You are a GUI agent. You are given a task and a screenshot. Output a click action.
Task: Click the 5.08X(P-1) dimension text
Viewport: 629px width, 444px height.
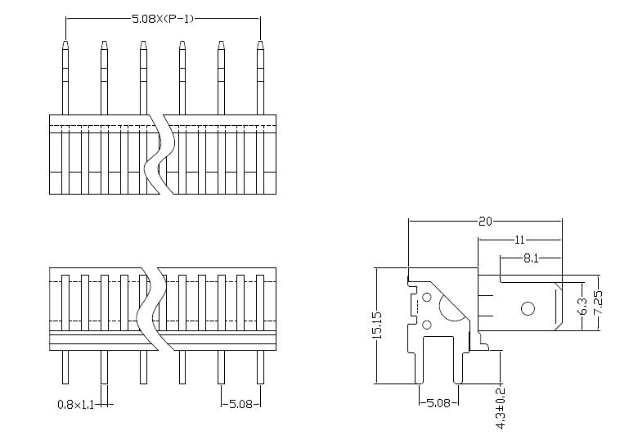tap(163, 18)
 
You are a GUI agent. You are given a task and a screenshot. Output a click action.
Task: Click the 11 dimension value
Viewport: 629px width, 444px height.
tap(520, 240)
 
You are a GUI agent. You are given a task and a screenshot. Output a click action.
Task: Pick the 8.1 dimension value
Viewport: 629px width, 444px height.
tap(529, 258)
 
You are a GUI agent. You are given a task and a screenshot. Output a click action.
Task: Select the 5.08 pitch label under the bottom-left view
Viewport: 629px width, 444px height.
tap(243, 404)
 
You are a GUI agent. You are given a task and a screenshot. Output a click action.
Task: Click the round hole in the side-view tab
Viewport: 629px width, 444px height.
tap(528, 308)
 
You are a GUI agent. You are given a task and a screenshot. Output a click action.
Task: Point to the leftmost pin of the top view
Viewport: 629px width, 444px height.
tap(65, 78)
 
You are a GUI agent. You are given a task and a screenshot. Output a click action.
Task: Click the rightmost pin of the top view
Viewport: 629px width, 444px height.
tap(260, 78)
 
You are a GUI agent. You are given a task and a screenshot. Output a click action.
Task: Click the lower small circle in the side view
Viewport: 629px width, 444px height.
tap(427, 327)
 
